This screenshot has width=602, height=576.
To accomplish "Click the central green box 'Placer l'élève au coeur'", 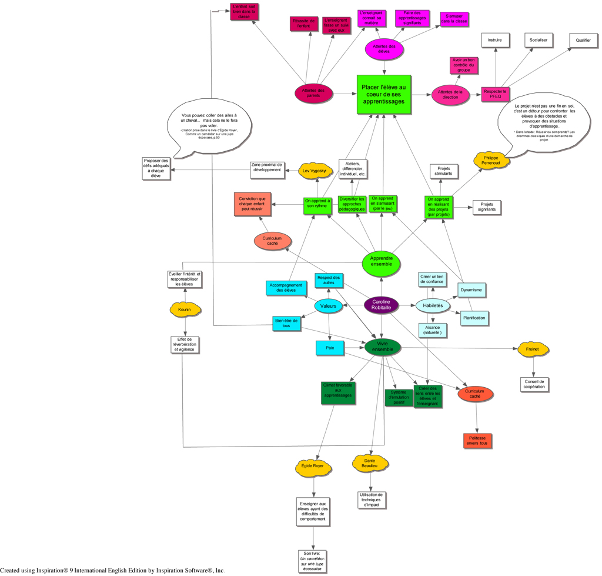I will pyautogui.click(x=383, y=94).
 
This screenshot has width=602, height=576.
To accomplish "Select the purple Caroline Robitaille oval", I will pyautogui.click(x=381, y=305).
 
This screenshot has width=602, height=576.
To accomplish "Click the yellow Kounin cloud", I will pyautogui.click(x=185, y=309).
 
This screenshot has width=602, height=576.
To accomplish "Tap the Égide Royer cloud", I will pyautogui.click(x=313, y=466).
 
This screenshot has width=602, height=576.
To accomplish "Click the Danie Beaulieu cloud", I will pyautogui.click(x=370, y=462).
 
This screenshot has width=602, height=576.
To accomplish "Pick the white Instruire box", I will pyautogui.click(x=495, y=40).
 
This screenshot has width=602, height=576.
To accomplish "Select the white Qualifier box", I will pyautogui.click(x=583, y=40).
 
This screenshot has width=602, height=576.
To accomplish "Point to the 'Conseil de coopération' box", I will pyautogui.click(x=534, y=384).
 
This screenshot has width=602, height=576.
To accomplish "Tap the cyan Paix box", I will pyautogui.click(x=329, y=348).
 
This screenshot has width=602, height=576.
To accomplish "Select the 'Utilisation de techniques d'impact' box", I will pyautogui.click(x=371, y=500).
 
